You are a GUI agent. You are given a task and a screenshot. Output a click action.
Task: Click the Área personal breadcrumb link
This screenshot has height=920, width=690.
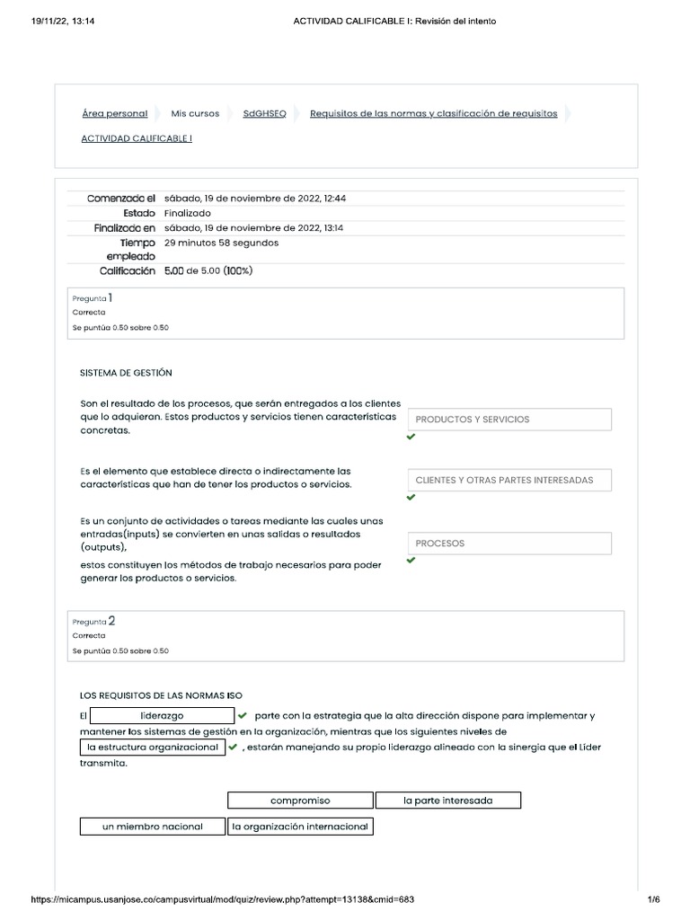tap(114, 114)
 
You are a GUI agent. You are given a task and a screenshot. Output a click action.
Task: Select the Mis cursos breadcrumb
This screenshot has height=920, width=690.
tap(195, 114)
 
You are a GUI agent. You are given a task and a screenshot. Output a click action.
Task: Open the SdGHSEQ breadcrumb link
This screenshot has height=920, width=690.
tap(264, 114)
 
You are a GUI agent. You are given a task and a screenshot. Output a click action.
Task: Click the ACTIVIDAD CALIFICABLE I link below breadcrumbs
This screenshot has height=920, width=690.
tap(137, 138)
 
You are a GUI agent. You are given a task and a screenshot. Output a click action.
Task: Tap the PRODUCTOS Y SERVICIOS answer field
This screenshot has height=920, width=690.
tap(509, 420)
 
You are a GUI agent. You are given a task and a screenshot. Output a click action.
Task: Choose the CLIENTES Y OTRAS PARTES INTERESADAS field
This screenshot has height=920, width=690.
tap(509, 481)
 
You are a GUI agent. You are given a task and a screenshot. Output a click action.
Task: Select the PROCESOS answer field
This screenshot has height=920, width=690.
tap(509, 544)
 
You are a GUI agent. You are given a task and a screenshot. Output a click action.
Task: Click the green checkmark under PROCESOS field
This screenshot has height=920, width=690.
tap(411, 561)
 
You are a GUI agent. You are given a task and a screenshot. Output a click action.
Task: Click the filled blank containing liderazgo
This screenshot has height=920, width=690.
tap(163, 716)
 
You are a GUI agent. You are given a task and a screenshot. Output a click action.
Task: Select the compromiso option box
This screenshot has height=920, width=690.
tap(300, 801)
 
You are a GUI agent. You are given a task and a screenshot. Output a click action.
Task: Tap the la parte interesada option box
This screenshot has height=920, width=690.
tap(447, 801)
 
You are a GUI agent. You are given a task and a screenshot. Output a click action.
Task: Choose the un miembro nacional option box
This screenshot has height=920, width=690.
tap(152, 827)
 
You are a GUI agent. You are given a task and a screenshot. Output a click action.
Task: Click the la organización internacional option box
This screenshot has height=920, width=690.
tap(300, 827)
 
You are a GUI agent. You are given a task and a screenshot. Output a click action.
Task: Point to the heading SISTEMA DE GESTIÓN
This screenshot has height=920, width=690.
tap(126, 372)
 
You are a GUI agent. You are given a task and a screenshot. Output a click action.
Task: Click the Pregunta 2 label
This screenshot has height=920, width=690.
tap(93, 621)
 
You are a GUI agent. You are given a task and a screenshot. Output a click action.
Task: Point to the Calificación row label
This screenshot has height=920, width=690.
tap(121, 270)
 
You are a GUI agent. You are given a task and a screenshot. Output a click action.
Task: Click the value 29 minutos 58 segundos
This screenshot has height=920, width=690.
tap(222, 243)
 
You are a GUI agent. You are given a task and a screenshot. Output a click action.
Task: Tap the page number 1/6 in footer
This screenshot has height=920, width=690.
tap(653, 899)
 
